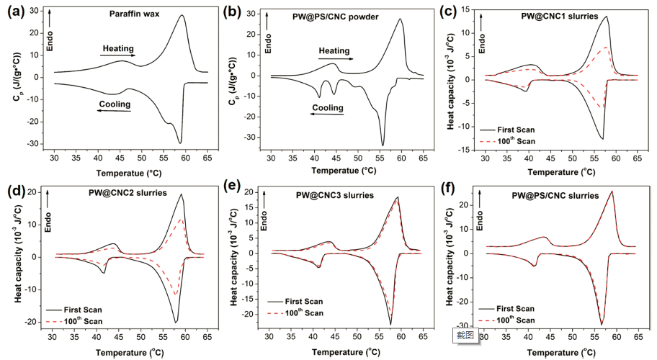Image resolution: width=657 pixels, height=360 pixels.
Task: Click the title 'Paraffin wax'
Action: coord(135,13)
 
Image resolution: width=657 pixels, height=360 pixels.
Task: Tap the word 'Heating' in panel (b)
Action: coord(334,50)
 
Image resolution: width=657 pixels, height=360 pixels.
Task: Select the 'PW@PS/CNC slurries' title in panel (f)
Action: coord(555,195)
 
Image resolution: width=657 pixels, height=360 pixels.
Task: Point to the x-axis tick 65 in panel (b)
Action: coord(424,157)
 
